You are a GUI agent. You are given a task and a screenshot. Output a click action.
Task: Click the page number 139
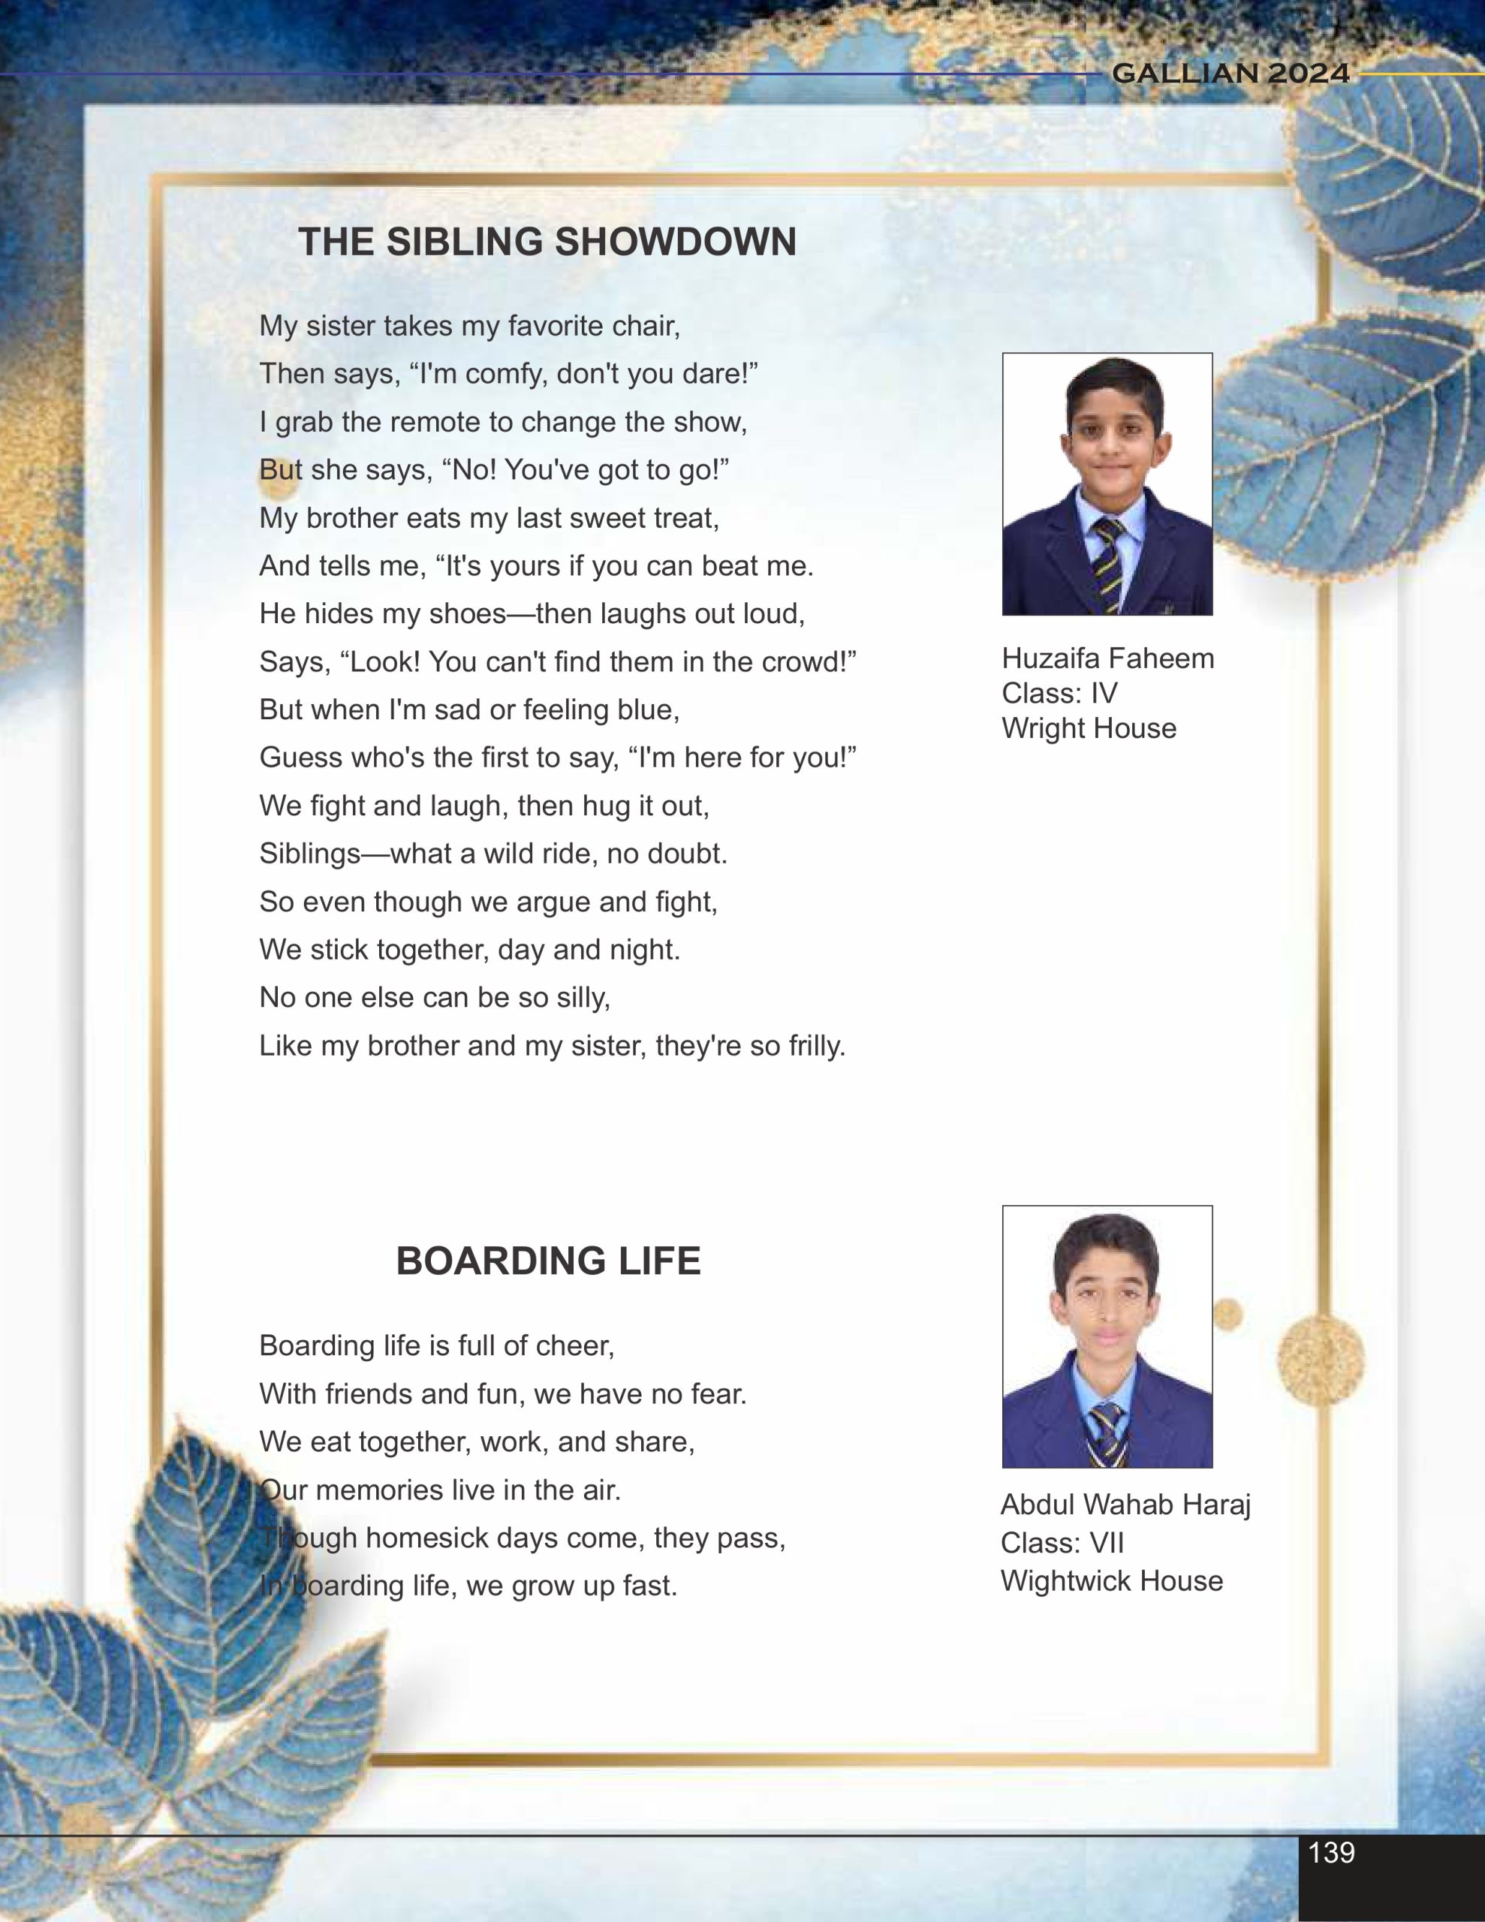point(1331,1852)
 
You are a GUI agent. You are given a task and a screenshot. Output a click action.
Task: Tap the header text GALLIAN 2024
point(1230,73)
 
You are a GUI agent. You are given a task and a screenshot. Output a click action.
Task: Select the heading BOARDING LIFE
point(547,1261)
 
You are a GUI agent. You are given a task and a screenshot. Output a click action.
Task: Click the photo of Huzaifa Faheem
point(1107,484)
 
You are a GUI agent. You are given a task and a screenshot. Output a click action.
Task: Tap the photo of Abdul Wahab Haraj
point(1107,1336)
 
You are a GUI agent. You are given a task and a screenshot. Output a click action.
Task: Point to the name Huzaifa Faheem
point(1107,658)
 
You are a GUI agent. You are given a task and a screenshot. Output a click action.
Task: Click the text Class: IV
point(1059,694)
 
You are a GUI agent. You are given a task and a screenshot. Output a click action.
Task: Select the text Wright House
point(1089,729)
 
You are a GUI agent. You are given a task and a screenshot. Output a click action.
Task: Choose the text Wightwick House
point(1112,1580)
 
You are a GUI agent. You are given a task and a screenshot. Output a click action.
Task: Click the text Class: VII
point(1062,1543)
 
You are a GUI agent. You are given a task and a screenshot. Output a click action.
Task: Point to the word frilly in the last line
point(807,1047)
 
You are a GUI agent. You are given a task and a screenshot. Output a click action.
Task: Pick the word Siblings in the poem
point(310,854)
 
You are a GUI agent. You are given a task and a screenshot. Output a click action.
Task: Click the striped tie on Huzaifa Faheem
point(1108,563)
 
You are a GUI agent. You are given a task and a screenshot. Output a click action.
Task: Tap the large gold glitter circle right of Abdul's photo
point(1321,1360)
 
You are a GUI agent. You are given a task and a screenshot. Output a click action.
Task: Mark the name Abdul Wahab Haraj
point(1125,1505)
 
